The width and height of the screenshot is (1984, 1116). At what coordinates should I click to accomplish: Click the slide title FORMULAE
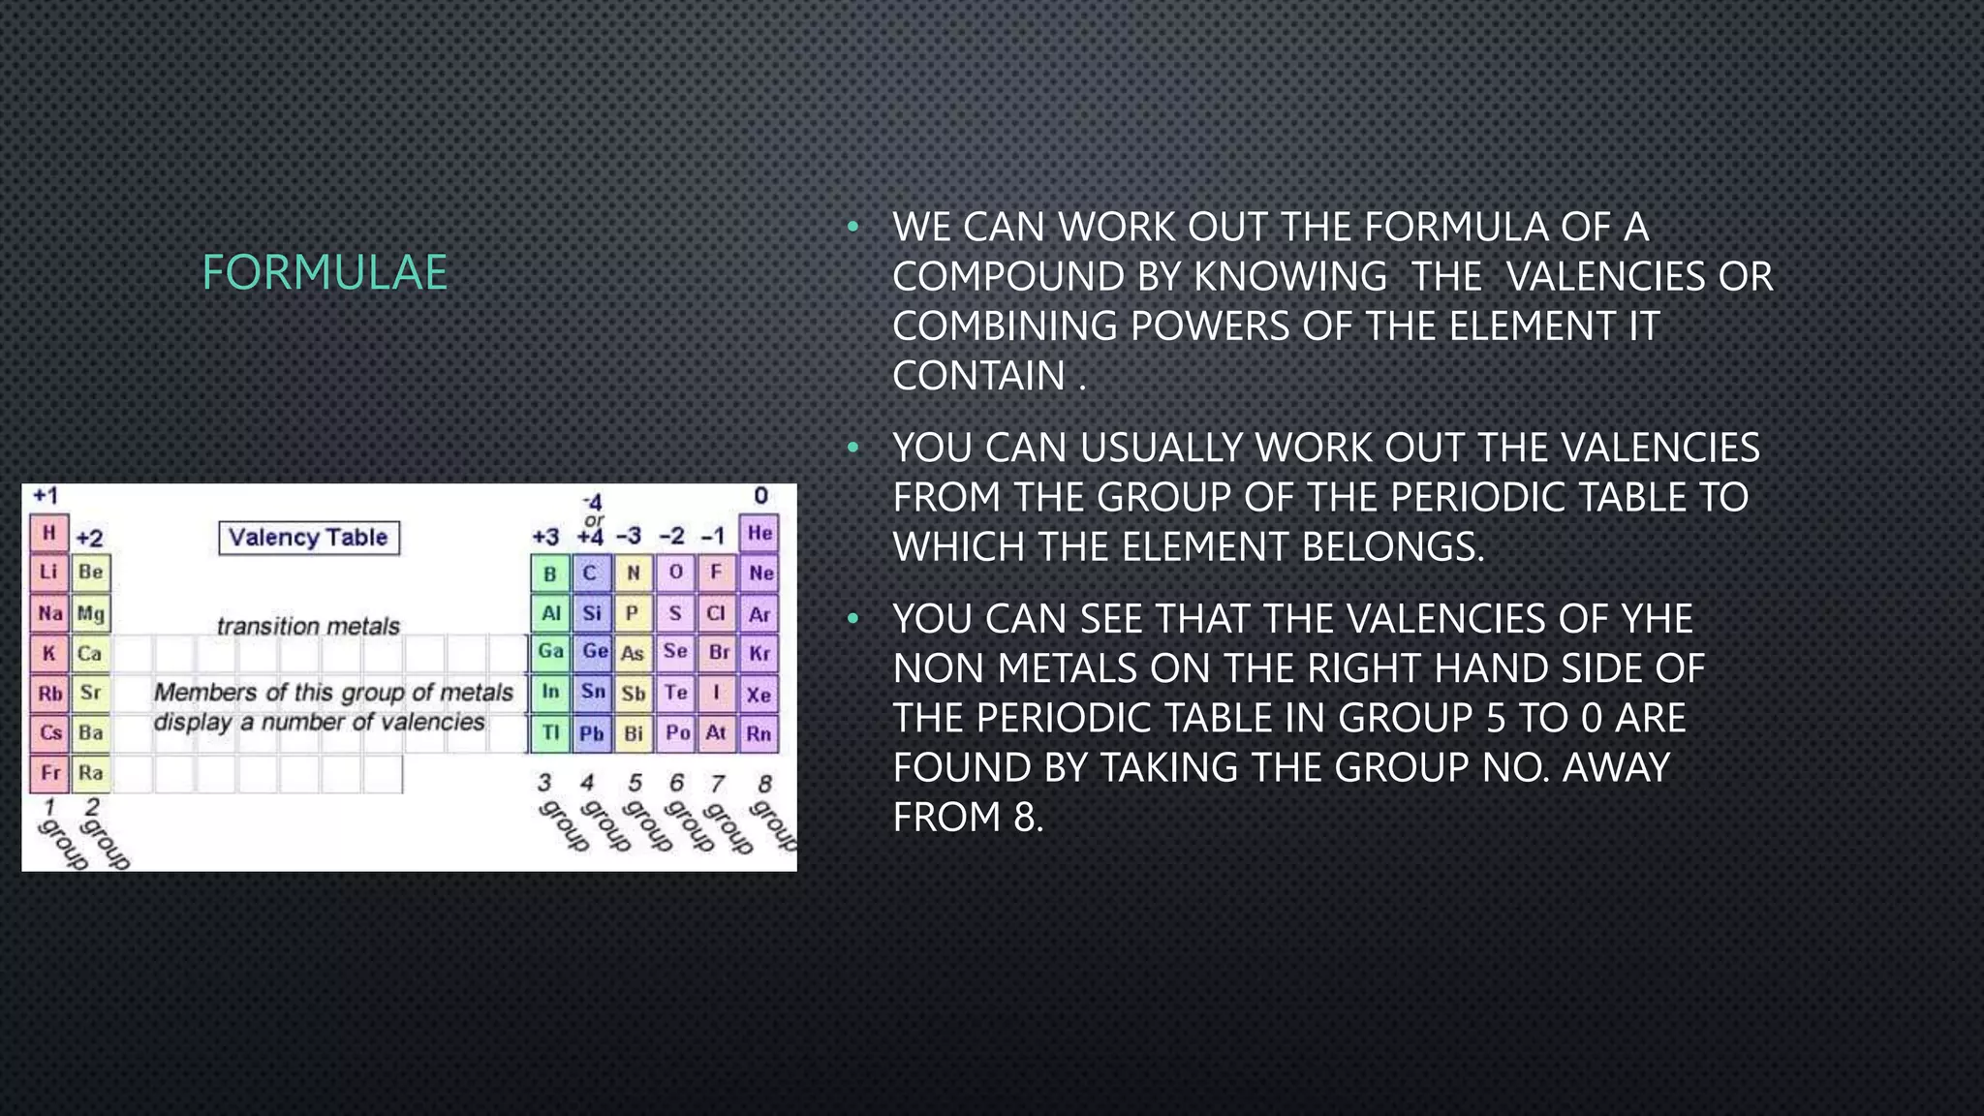(325, 272)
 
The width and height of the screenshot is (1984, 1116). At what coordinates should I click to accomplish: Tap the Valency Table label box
(308, 538)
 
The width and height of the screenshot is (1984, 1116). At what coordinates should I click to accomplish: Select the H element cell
(48, 533)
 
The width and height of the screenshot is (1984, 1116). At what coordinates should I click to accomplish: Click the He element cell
(759, 533)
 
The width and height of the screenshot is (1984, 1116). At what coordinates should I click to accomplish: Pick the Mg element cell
(91, 613)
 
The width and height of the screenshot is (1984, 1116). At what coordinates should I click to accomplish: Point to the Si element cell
(592, 613)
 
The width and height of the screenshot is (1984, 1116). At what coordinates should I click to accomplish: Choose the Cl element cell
(716, 613)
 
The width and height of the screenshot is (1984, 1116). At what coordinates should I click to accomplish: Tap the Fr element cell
(49, 773)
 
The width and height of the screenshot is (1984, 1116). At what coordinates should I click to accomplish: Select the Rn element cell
(759, 733)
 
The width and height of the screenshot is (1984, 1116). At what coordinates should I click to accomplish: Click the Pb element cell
(591, 733)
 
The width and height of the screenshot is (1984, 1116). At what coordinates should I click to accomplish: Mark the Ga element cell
(550, 652)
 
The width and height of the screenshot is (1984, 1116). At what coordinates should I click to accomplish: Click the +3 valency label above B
(545, 537)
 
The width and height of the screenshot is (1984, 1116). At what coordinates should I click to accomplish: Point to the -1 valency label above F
(713, 537)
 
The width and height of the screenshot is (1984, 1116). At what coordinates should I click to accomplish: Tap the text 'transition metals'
(308, 627)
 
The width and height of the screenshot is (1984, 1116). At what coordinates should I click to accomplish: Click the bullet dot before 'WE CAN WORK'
(852, 228)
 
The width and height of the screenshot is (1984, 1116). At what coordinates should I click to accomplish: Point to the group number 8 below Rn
(764, 783)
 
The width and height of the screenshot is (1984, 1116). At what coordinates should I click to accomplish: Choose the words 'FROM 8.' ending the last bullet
(968, 818)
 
